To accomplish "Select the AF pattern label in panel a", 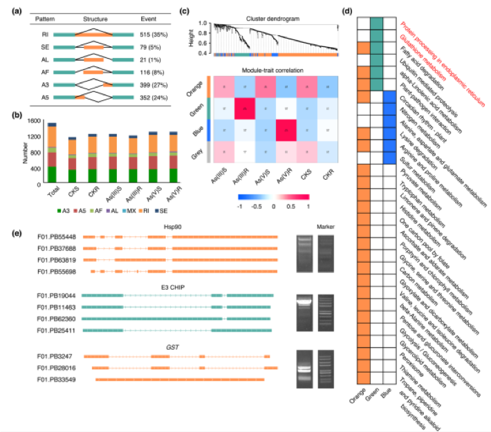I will (44, 71).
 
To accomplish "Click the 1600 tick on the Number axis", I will (33, 122).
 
